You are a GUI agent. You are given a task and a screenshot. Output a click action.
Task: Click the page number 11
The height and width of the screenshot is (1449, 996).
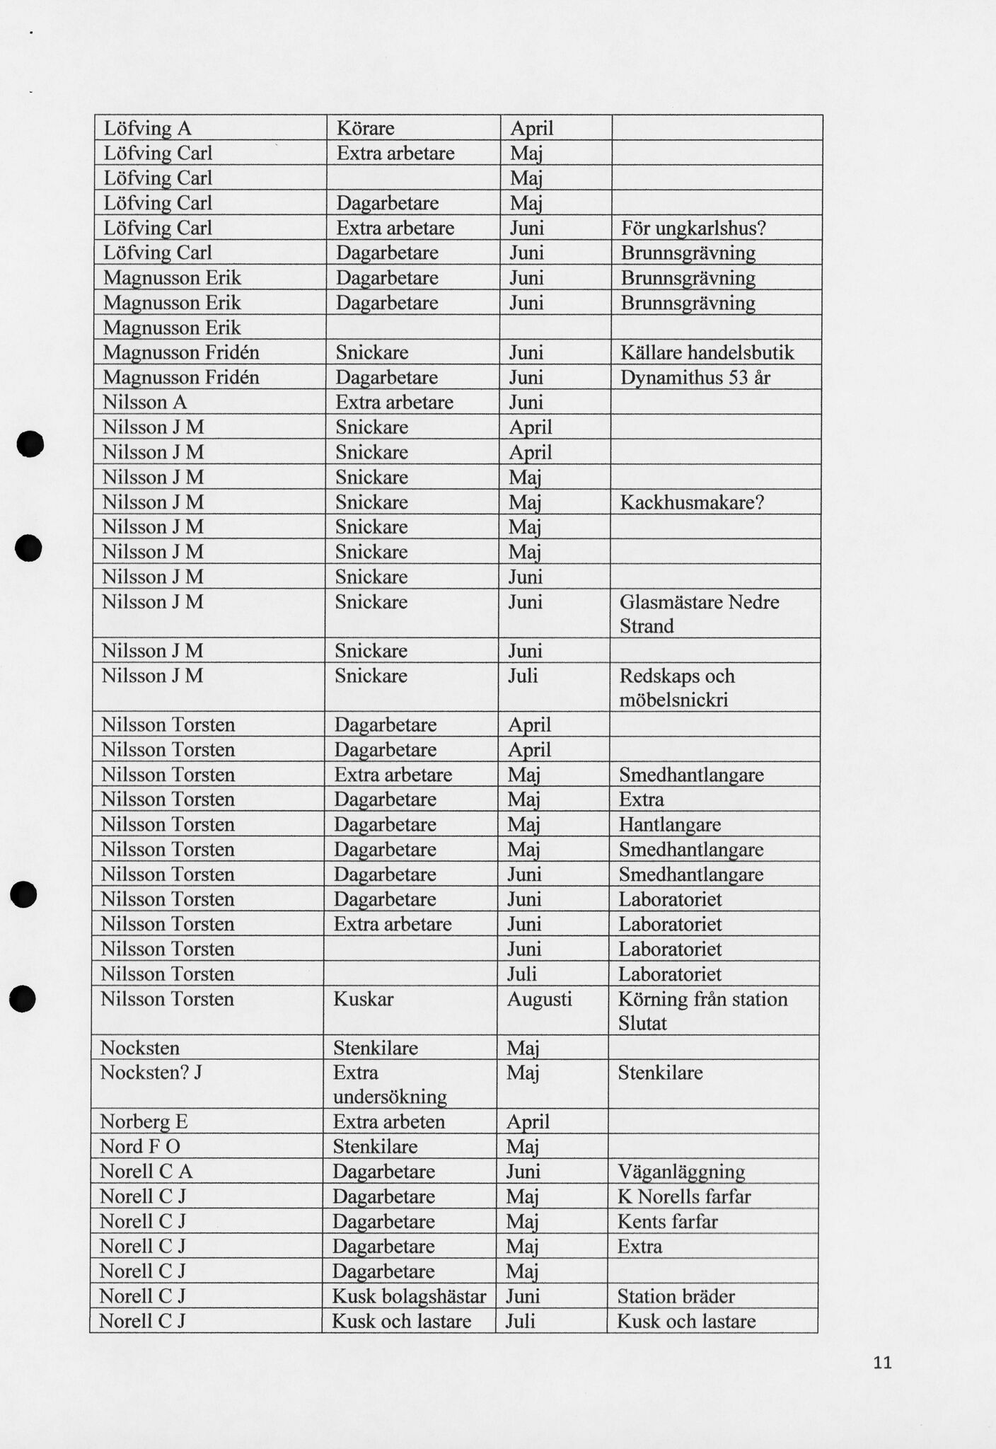(x=882, y=1362)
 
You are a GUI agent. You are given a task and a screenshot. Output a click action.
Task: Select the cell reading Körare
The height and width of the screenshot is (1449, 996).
(x=365, y=128)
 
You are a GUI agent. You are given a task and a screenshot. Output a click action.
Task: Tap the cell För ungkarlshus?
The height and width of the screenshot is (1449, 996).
(x=693, y=228)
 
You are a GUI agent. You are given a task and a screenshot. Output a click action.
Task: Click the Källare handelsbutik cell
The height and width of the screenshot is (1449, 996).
(x=707, y=352)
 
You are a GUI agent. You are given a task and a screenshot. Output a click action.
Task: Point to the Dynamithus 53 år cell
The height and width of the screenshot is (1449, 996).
(x=695, y=377)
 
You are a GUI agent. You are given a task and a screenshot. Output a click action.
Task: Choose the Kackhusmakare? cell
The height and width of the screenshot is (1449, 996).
(x=692, y=502)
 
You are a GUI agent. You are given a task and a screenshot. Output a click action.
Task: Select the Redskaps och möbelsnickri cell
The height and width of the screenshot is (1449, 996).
(x=677, y=687)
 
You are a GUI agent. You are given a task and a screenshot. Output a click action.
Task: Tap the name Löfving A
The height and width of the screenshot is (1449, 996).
(x=147, y=128)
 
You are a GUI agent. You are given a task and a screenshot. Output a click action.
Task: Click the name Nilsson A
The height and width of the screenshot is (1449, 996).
(x=144, y=403)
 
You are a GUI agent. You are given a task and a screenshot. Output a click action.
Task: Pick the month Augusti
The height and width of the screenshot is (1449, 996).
(x=539, y=999)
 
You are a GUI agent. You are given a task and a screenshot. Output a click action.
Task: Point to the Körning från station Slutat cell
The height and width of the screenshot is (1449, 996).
(x=702, y=1010)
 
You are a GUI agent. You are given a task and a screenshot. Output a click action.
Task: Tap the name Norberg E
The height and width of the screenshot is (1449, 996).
(x=144, y=1121)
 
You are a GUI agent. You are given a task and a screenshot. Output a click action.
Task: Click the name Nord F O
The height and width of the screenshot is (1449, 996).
(x=140, y=1146)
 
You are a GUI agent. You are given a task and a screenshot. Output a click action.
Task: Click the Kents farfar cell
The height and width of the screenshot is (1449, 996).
(x=667, y=1221)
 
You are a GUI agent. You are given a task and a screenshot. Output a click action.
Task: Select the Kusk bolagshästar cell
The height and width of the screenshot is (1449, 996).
(x=409, y=1296)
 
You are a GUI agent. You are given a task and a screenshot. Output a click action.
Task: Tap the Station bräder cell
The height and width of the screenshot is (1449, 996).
(x=676, y=1296)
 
